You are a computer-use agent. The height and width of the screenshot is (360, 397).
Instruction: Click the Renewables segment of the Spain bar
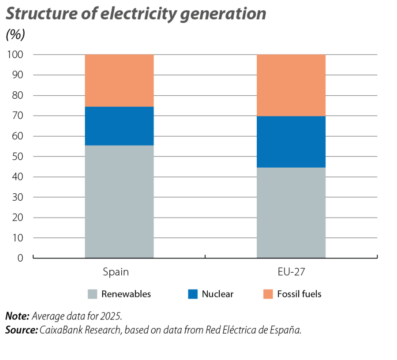119,201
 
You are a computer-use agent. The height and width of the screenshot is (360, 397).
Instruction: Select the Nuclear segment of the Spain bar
119,126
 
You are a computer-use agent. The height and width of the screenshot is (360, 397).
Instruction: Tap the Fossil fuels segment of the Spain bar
119,80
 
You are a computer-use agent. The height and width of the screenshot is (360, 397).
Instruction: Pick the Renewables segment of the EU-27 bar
291,213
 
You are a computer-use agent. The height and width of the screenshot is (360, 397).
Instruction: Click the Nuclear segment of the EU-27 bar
291,142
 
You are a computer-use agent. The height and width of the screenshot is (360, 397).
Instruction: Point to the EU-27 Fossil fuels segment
291,85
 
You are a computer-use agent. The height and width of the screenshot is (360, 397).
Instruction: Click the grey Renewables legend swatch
93,294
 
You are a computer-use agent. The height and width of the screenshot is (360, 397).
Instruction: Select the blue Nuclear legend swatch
193,294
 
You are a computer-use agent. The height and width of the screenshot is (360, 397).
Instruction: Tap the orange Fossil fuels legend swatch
268,294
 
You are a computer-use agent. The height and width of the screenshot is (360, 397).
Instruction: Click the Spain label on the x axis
116,272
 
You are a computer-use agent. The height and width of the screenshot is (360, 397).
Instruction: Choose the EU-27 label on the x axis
291,272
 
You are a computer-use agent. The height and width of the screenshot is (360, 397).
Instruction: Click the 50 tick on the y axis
17,157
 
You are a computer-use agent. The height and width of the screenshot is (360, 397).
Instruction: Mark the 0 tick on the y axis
20,258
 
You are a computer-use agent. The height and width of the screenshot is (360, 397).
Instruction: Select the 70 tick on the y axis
17,116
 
